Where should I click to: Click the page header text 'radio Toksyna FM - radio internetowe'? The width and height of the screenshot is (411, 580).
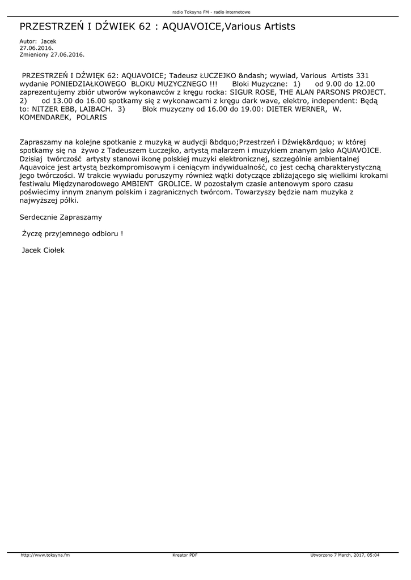tap(205, 11)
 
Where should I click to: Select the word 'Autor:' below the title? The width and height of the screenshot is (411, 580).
tap(28, 41)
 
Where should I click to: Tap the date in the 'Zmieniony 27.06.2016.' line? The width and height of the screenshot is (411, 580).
tap(67, 54)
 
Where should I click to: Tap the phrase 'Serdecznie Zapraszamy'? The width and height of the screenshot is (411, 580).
tap(61, 217)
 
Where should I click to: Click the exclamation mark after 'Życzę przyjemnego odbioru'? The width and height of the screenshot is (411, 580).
tap(121, 233)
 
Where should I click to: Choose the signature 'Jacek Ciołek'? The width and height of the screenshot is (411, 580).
tap(43, 250)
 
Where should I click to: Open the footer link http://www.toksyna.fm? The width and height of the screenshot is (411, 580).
tap(45, 555)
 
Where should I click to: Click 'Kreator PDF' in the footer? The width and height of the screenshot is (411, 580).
tap(184, 555)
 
